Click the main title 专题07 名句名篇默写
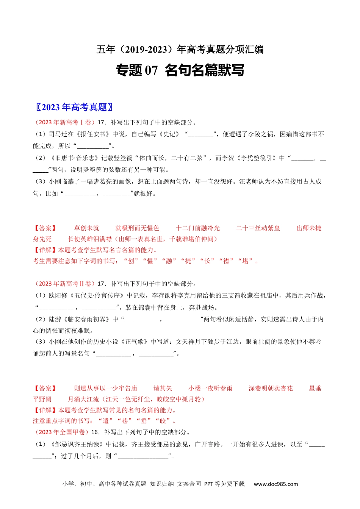[180, 70]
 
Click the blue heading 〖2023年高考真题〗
[74, 107]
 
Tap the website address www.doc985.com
[275, 484]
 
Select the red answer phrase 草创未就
[86, 228]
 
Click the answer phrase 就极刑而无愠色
[137, 228]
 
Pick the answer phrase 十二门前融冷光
[197, 228]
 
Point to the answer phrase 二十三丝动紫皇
[258, 228]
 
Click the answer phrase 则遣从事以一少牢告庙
[105, 388]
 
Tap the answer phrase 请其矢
[163, 388]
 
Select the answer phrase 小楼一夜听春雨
[210, 388]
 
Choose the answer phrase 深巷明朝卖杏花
[271, 388]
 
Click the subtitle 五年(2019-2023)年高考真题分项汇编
[180, 50]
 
